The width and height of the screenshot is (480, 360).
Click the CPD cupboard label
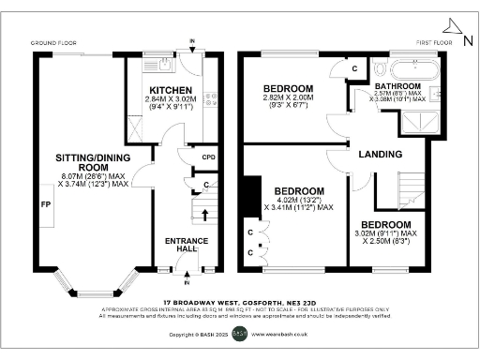[209, 157]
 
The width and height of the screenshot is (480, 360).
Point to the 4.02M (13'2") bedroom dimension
[293, 199]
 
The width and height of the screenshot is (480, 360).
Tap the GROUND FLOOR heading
[52, 43]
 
